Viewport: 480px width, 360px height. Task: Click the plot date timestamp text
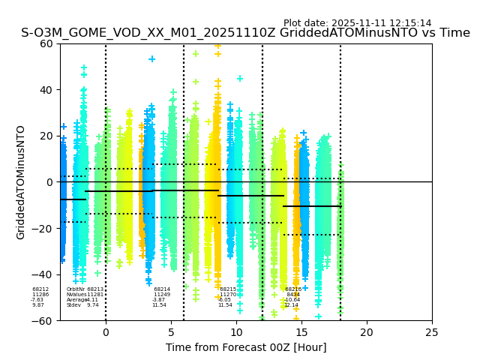[x=357, y=23]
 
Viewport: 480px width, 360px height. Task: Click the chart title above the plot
[x=245, y=34]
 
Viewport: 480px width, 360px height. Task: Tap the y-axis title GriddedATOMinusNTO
[x=21, y=182]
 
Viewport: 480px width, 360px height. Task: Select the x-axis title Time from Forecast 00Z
[x=246, y=347]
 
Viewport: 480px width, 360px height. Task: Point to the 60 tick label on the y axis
[x=46, y=43]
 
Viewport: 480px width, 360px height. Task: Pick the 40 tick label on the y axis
[x=46, y=90]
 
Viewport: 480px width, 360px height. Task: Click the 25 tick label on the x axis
[x=432, y=332]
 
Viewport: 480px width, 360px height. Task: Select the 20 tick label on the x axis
[x=367, y=332]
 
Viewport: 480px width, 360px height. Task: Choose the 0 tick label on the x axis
[x=106, y=332]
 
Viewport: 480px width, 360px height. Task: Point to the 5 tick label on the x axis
[x=171, y=332]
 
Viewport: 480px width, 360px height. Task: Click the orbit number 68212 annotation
[x=40, y=289]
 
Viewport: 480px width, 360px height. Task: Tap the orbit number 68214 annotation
[x=162, y=289]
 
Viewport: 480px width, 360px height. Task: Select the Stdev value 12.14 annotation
[x=291, y=305]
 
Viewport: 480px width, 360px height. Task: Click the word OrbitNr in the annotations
[x=76, y=289]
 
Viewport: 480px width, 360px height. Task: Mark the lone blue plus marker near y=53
[x=152, y=59]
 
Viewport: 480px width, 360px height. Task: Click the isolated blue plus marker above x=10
[x=240, y=79]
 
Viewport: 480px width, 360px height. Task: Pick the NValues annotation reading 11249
[x=162, y=295]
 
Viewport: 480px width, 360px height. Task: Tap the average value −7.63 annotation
[x=37, y=300]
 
